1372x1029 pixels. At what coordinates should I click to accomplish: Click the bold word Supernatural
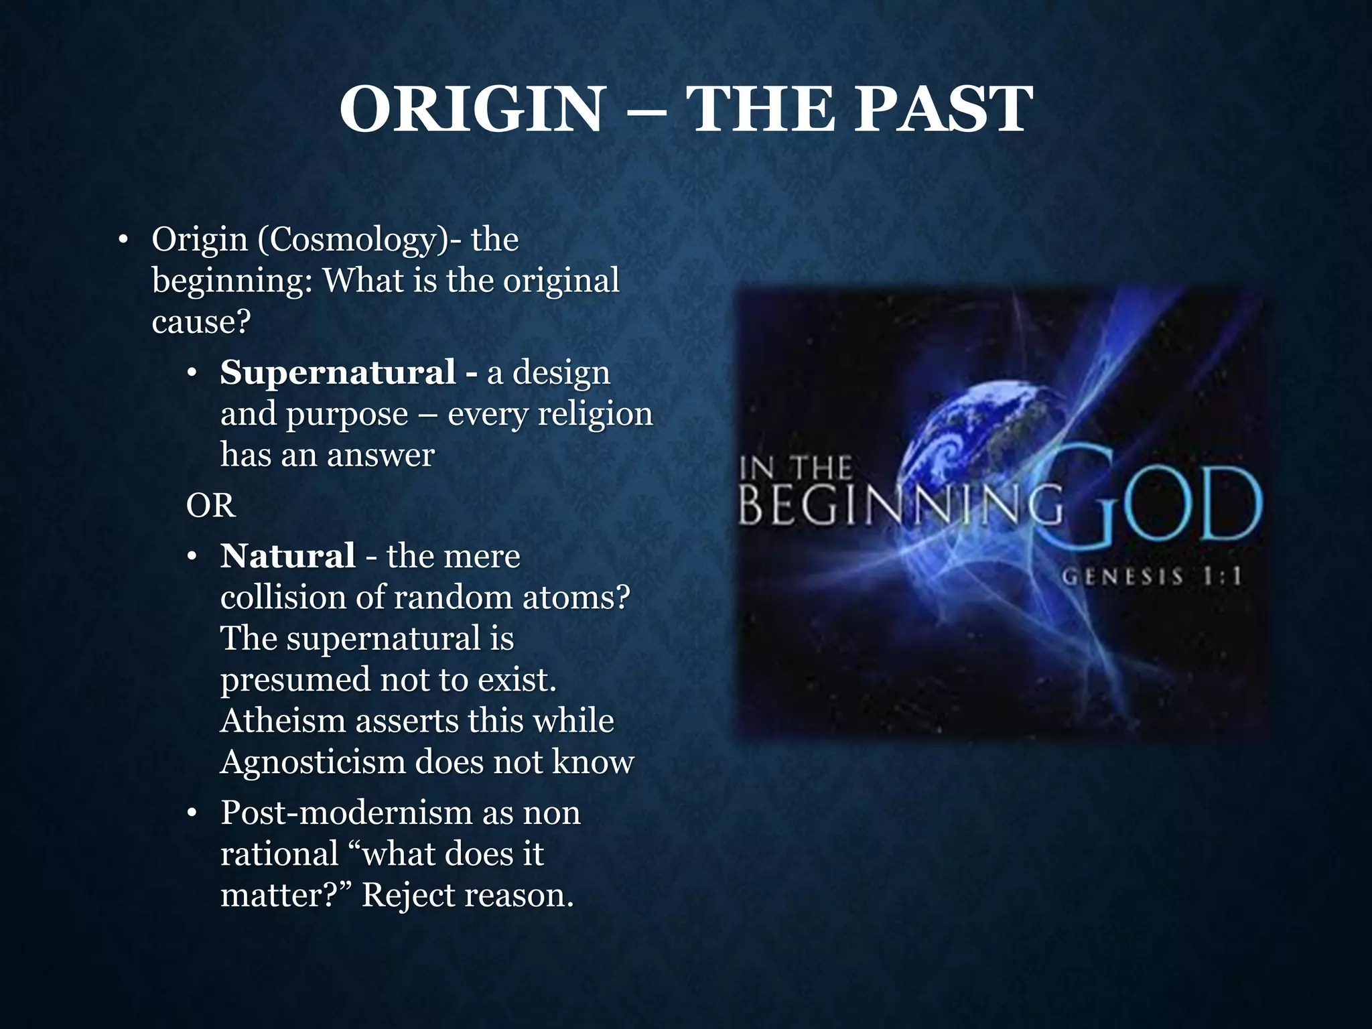coord(338,372)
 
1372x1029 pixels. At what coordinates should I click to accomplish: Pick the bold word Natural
coord(287,556)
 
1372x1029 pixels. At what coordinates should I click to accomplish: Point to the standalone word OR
coord(210,505)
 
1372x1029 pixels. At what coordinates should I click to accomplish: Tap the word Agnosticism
coord(312,762)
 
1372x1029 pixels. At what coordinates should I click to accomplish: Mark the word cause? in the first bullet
coord(201,322)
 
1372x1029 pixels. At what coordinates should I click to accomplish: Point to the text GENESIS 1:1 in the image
coord(1151,576)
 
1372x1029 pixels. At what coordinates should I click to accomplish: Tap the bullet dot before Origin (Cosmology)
coord(122,241)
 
